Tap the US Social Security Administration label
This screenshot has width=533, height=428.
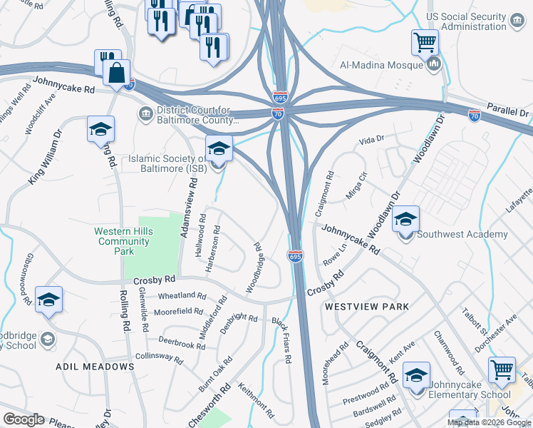(x=475, y=22)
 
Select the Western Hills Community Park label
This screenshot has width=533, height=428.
(x=124, y=242)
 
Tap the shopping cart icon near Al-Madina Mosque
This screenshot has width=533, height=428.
(x=425, y=42)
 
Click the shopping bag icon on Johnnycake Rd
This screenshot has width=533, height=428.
(x=115, y=72)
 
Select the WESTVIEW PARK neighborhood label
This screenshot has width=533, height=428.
(x=367, y=307)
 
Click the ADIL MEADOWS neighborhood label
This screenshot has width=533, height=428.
(x=95, y=366)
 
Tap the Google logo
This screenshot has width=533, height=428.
(x=24, y=419)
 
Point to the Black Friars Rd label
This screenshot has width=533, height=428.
(x=282, y=340)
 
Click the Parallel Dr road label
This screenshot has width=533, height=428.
(x=509, y=113)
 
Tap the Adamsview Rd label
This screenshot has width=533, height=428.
(x=188, y=208)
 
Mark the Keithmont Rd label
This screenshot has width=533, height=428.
(x=257, y=399)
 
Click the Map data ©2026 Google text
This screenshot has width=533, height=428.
(x=488, y=422)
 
